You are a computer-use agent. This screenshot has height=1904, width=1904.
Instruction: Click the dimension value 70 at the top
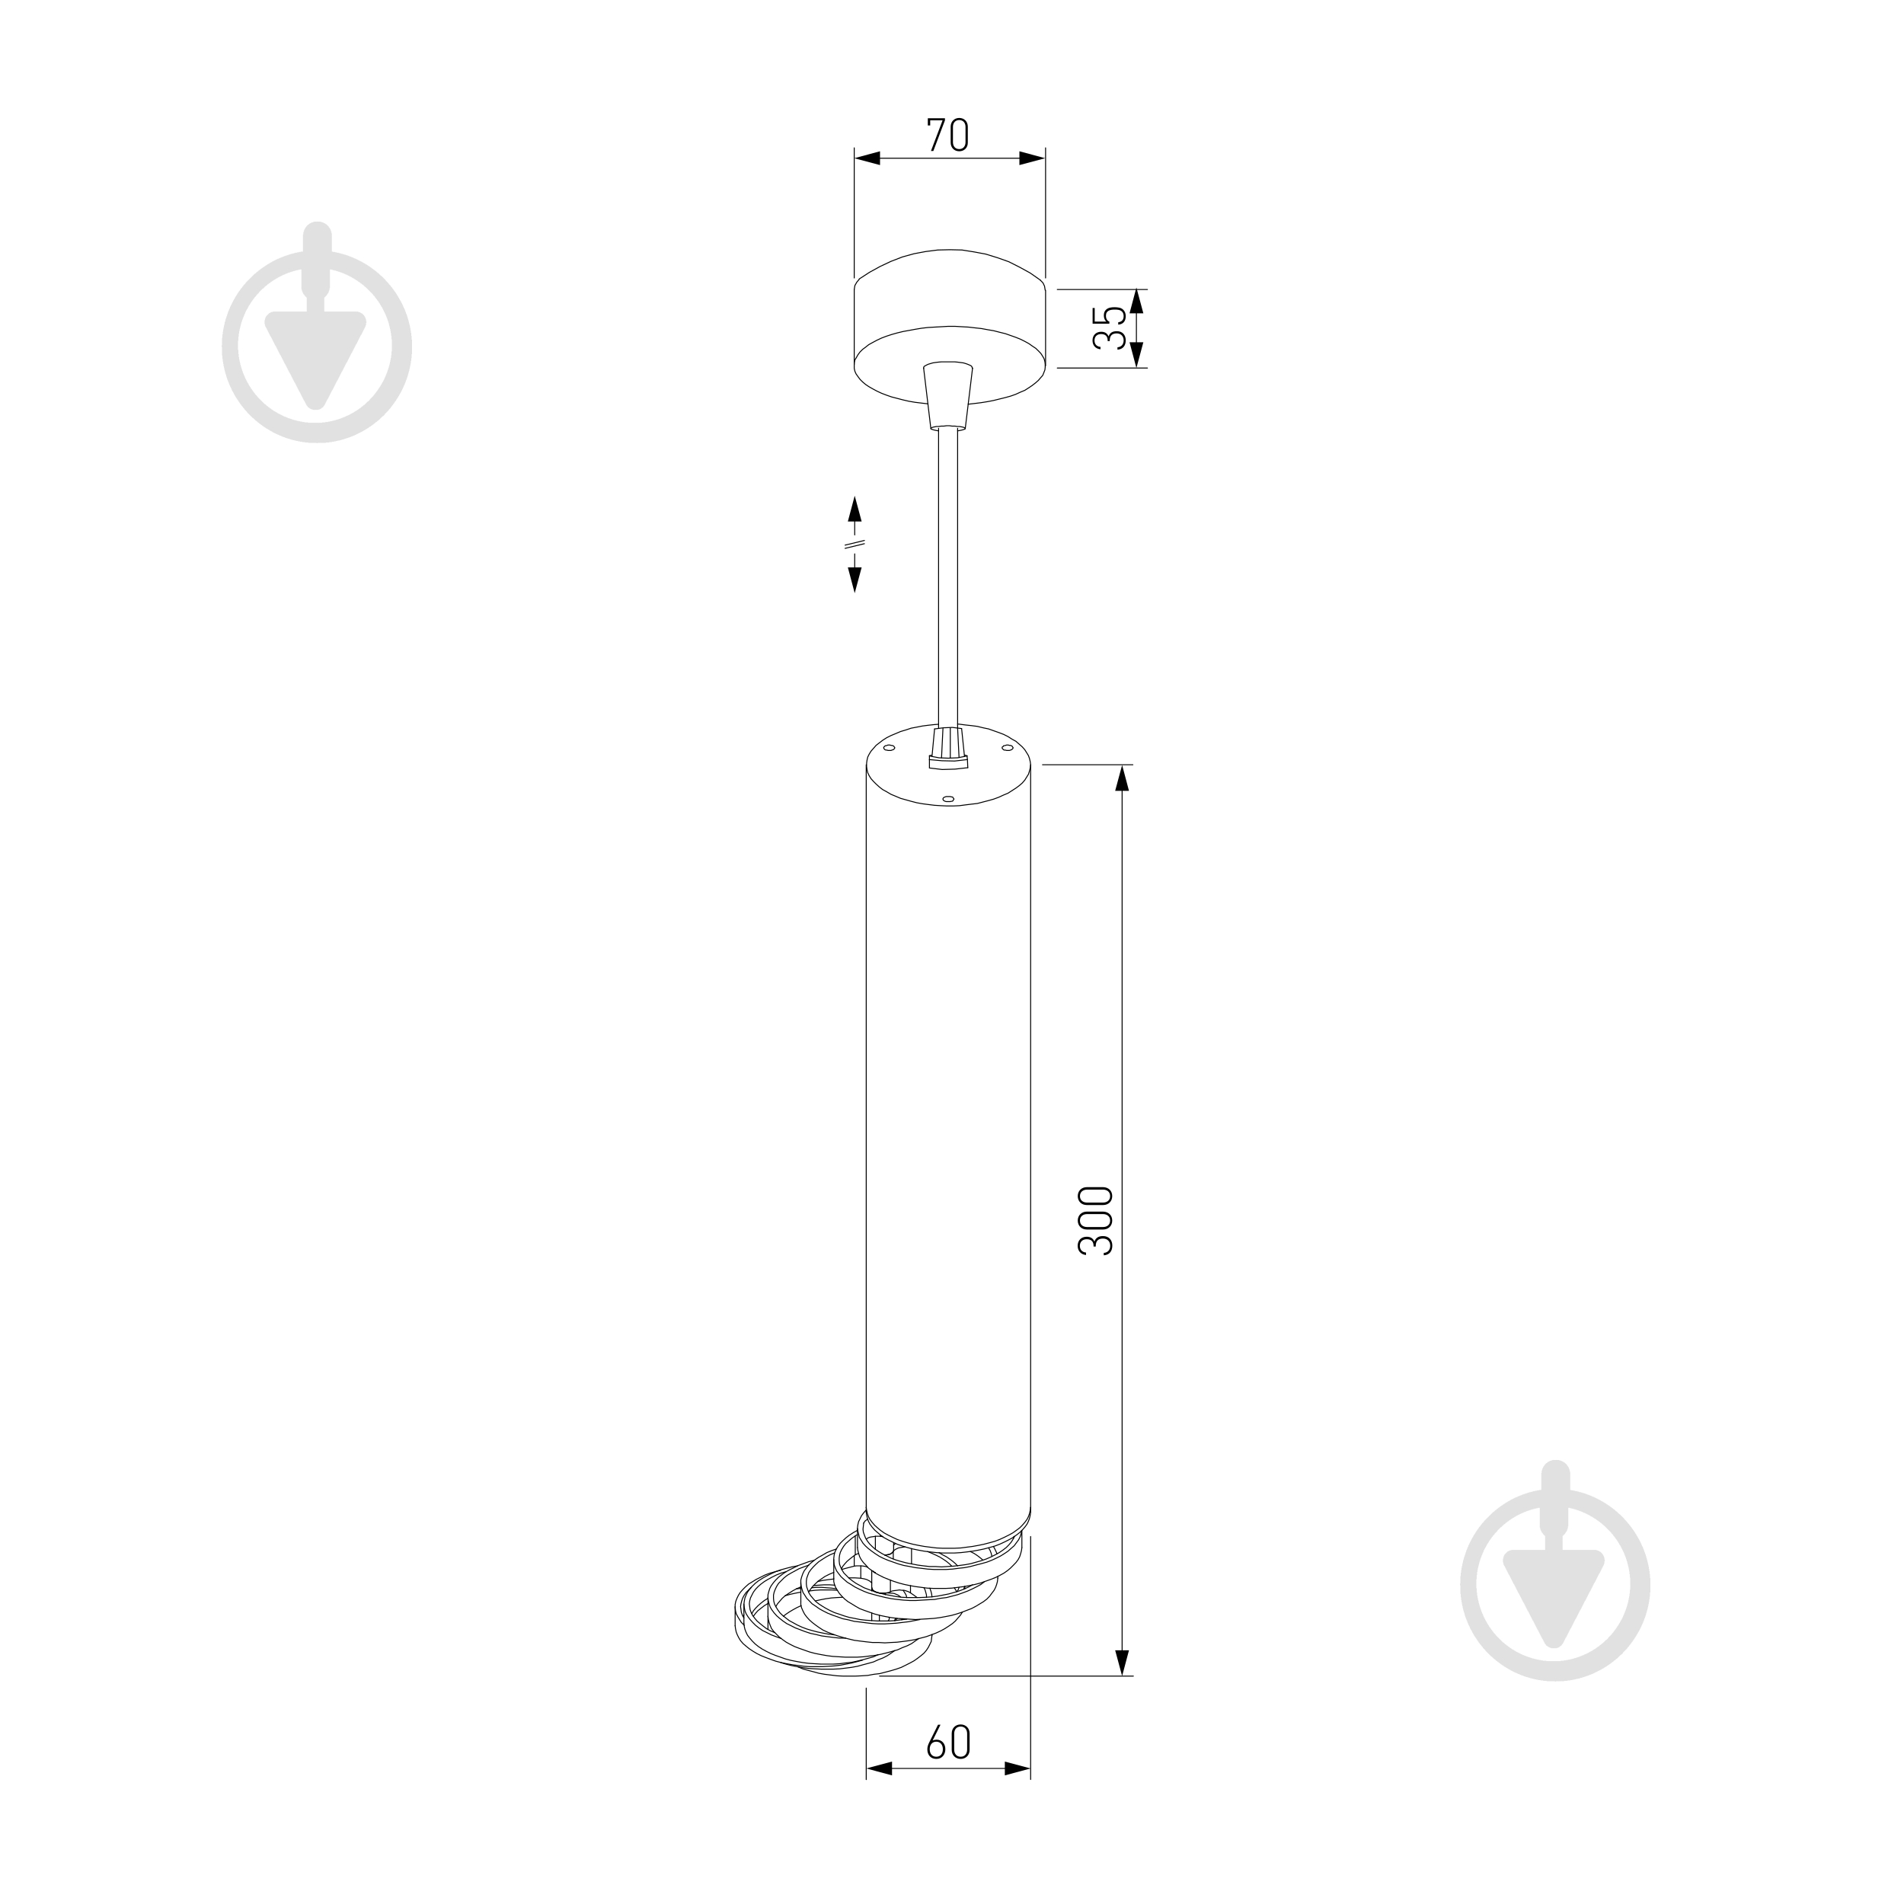pos(948,135)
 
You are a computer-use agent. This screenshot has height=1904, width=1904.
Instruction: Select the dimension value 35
pos(1110,327)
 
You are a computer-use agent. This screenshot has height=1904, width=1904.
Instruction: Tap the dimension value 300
pos(1095,1220)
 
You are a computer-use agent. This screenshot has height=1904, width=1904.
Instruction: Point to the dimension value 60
pos(948,1743)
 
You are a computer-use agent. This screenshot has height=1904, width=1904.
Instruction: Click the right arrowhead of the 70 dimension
pos(1032,158)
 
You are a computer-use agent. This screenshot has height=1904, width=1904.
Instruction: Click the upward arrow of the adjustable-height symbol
pos(855,509)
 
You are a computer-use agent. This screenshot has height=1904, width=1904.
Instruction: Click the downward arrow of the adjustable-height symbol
pos(855,580)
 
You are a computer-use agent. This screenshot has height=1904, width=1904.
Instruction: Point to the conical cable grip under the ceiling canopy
pos(947,395)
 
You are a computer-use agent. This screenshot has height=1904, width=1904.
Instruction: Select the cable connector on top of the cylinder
pos(949,746)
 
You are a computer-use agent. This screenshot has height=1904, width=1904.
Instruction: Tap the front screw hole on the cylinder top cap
pos(947,799)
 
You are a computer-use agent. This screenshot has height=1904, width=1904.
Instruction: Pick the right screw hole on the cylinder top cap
pos(1007,748)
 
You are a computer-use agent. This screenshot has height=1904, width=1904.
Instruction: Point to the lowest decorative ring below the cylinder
pos(832,1641)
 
